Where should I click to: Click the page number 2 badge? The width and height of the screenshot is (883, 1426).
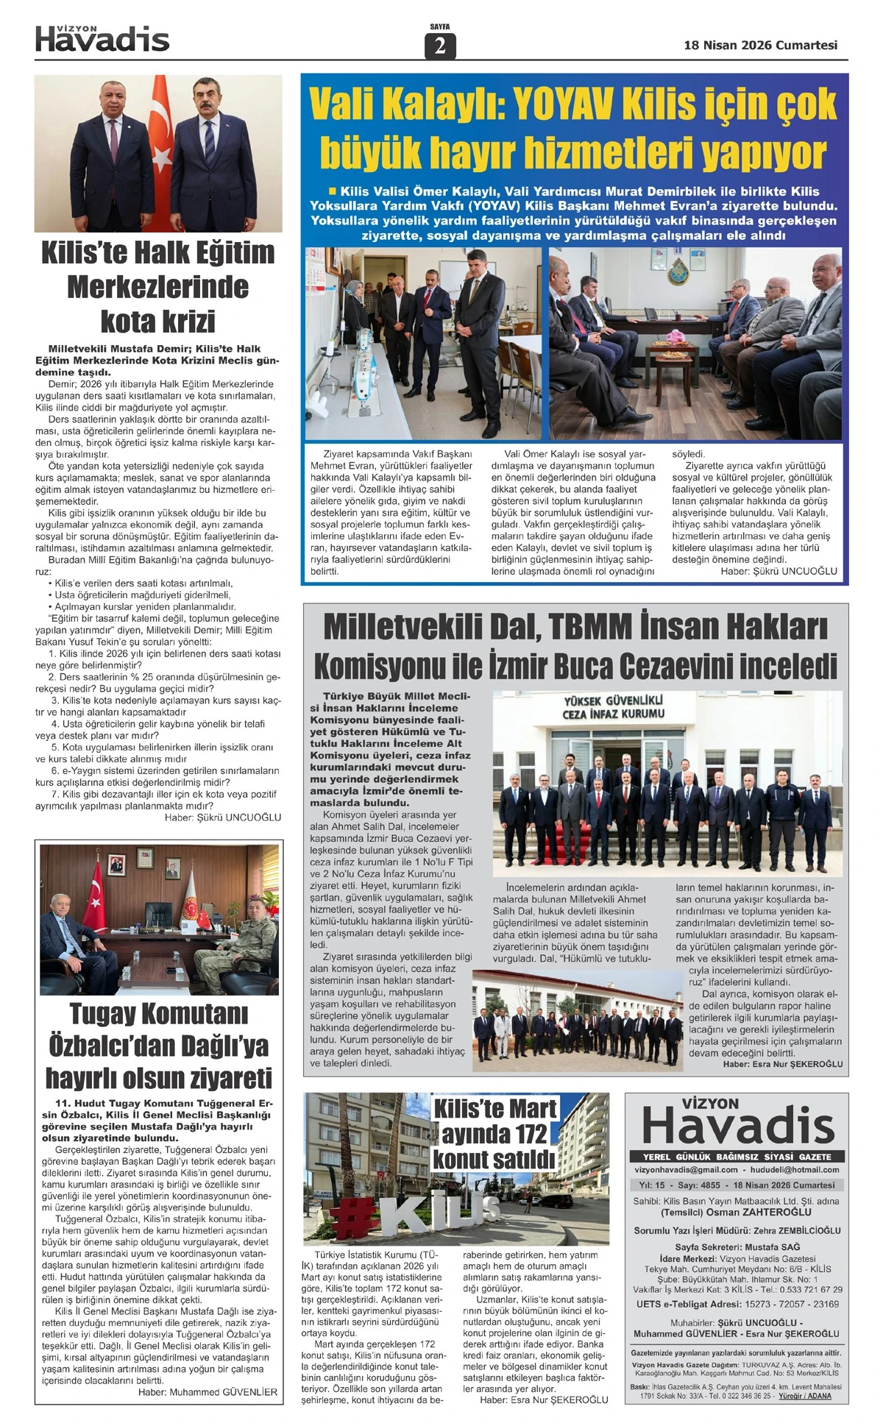coord(440,46)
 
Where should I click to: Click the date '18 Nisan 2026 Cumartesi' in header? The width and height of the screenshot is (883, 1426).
coord(760,45)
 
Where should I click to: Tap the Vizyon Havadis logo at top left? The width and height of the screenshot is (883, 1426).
coord(102,38)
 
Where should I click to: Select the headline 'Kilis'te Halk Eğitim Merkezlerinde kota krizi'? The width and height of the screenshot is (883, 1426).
coord(158,287)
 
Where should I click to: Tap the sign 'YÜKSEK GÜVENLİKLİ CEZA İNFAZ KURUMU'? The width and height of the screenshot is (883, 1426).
coord(613,708)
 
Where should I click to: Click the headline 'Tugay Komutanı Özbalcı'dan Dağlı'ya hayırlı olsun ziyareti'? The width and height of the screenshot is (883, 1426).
coord(159,1046)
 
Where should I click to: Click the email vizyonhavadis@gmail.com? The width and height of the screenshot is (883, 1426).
coord(686,1169)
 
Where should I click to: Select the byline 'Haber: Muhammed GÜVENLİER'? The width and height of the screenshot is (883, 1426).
coord(208,1392)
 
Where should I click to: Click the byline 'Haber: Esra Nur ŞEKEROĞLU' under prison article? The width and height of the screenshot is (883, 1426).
coord(782,1063)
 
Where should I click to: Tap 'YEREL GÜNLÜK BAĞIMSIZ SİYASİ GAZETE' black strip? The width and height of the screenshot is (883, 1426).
coord(736,1157)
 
